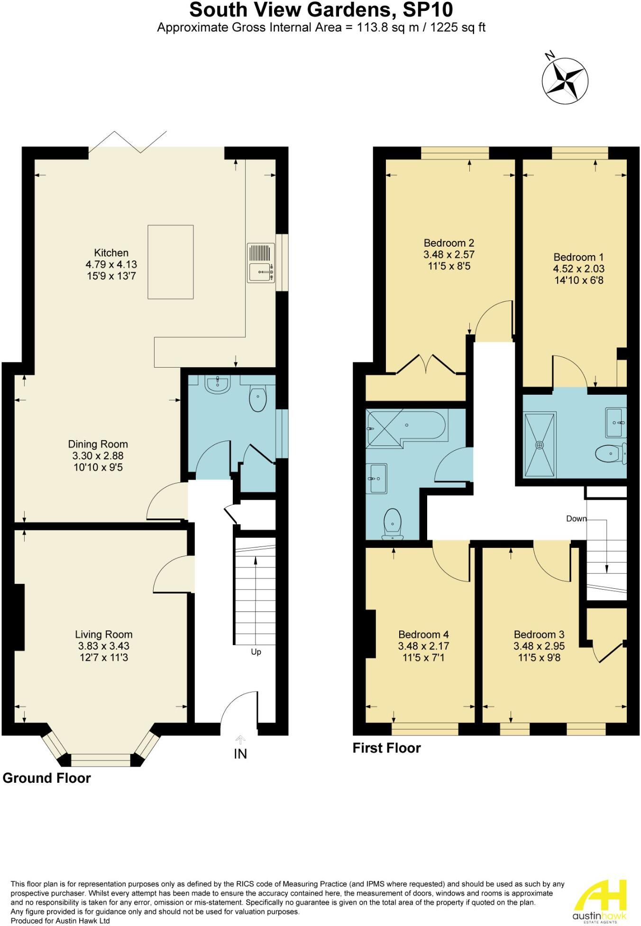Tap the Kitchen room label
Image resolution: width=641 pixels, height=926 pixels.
tap(111, 252)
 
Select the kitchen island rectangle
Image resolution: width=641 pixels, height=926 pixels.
tap(170, 262)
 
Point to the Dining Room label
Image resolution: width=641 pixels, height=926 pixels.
tap(98, 444)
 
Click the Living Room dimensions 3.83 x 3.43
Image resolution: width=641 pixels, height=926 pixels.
tap(103, 646)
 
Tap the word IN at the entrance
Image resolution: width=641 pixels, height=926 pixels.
tap(240, 753)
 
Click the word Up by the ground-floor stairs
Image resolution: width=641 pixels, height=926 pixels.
tap(256, 652)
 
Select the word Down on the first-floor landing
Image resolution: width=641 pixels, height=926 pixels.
tap(576, 519)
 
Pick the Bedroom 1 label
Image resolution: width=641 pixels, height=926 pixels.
tap(578, 257)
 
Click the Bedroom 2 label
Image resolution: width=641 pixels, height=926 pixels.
tap(449, 243)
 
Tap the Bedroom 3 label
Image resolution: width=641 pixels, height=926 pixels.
tap(539, 634)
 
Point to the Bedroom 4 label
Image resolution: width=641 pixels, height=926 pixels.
tap(423, 634)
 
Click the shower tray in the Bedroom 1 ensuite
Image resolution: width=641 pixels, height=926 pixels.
tap(540, 445)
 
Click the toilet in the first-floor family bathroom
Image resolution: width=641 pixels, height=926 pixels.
tap(393, 524)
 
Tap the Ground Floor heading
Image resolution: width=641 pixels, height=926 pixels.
tap(46, 778)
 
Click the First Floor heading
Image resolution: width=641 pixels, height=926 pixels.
tap(386, 748)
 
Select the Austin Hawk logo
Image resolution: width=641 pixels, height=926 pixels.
tap(599, 901)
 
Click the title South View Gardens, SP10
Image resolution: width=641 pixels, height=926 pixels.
tap(321, 9)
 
